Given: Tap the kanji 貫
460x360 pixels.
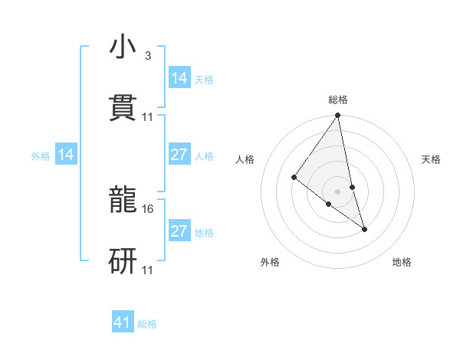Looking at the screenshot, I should (x=123, y=107).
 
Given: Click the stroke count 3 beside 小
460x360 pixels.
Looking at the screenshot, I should (x=147, y=56).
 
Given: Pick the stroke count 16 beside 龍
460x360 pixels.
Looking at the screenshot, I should (x=149, y=208).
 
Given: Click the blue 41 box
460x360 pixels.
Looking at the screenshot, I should (x=123, y=322).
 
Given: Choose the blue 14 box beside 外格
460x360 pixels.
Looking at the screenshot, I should (x=66, y=155).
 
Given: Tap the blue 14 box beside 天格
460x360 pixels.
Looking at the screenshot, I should (x=179, y=78).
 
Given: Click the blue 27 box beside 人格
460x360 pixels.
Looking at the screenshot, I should (x=179, y=155).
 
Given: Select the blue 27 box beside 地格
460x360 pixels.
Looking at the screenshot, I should (x=179, y=231).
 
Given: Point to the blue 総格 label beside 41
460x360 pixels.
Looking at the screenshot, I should (x=147, y=324).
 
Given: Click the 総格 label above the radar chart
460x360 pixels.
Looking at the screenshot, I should (x=338, y=100).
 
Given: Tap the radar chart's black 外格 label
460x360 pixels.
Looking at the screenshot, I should (x=270, y=262).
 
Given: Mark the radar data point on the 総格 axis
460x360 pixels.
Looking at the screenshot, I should (x=338, y=116).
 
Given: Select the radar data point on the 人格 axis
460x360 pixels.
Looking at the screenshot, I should (x=294, y=178).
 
